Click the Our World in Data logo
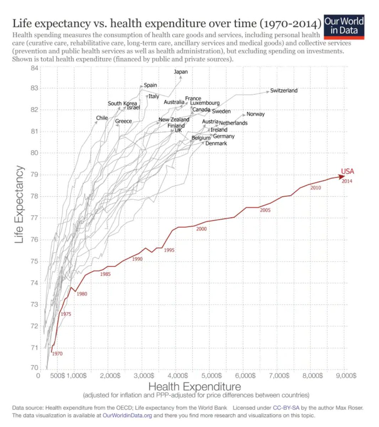344,26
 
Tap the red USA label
347,171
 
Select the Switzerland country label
284,90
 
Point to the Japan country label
181,72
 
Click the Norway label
255,114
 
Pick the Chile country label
102,118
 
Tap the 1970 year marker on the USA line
57,353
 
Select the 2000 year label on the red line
201,229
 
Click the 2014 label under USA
347,181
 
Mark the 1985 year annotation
105,274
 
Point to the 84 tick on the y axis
34,68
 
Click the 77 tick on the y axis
34,218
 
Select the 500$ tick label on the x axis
57,375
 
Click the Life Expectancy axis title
19,205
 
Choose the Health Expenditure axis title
194,386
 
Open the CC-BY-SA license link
286,408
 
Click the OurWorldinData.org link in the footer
127,415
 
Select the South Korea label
122,103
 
